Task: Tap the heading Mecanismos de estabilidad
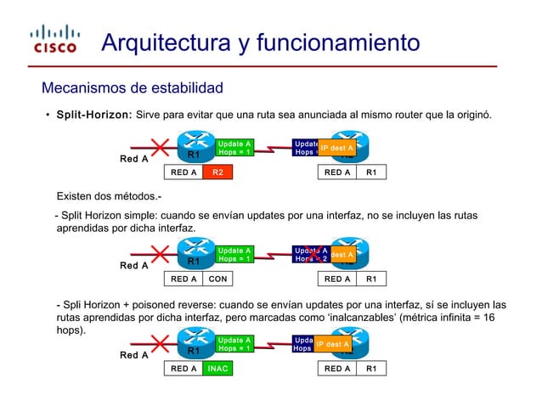(x=133, y=88)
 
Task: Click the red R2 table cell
(x=217, y=172)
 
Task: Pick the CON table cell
(x=217, y=279)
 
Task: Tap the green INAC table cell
(x=217, y=369)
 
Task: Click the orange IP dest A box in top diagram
(x=336, y=149)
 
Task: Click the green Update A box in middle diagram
(x=233, y=254)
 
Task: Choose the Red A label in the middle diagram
(x=133, y=266)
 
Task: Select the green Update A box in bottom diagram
(x=233, y=344)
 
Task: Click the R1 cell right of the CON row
(x=371, y=279)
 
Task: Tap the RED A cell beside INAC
(x=183, y=369)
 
